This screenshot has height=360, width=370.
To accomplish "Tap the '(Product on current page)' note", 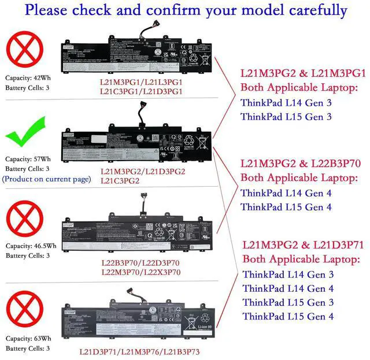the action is [x=47, y=179].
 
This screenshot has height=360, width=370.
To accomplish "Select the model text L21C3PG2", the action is [x=120, y=181].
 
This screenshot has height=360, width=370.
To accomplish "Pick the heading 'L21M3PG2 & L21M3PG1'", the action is [x=303, y=74].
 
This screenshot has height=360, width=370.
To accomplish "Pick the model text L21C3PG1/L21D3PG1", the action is [x=141, y=91].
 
